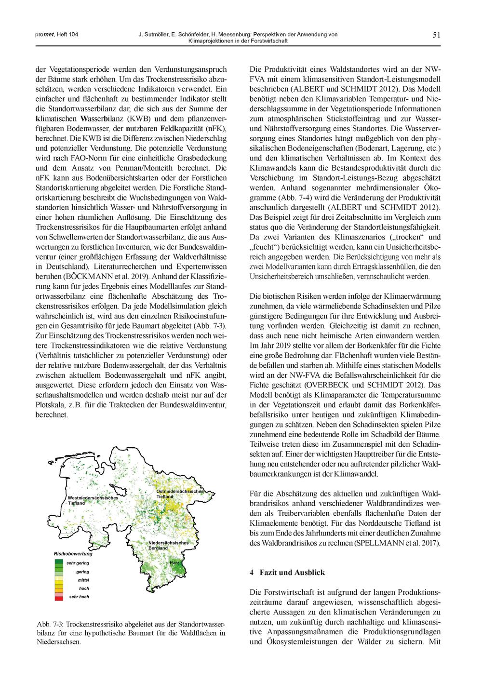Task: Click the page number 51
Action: coord(437,34)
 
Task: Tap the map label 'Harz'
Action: coord(174,563)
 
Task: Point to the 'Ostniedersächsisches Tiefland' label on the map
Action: coord(180,493)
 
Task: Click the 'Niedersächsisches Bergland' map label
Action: coord(168,546)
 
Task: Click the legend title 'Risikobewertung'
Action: coord(72,555)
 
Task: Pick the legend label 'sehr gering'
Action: coord(78,563)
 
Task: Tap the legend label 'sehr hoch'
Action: coord(78,597)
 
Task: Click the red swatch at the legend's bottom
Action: coord(59,598)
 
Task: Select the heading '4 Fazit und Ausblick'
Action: coord(287,573)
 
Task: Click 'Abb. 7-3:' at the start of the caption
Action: coord(50,625)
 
